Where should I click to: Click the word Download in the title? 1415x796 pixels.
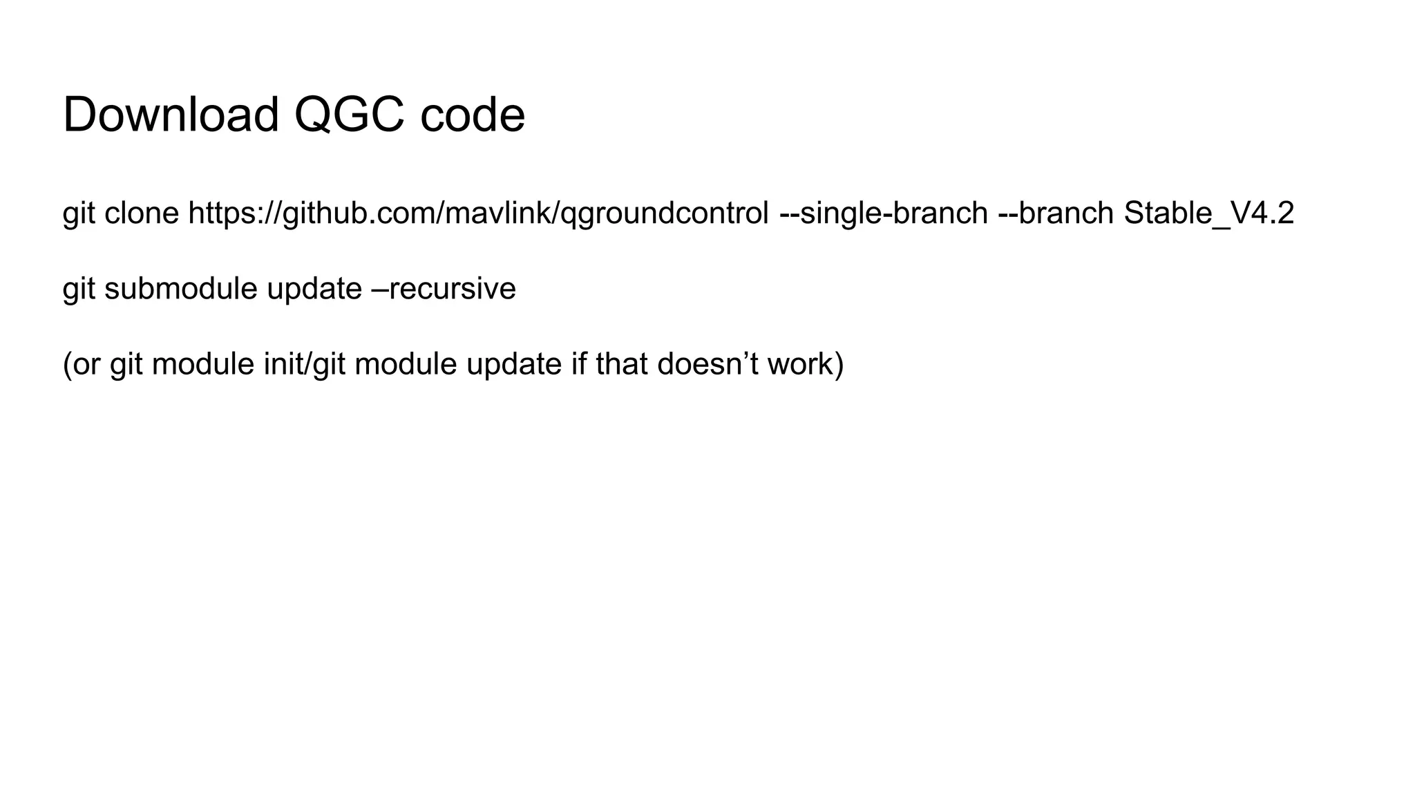pyautogui.click(x=171, y=115)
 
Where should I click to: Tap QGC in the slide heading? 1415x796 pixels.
pyautogui.click(x=349, y=115)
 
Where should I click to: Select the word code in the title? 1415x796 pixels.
pyautogui.click(x=473, y=115)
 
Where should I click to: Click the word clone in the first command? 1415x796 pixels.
pyautogui.click(x=142, y=214)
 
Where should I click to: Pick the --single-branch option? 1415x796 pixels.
pyautogui.click(x=883, y=214)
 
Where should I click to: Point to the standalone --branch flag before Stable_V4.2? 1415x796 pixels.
pyautogui.click(x=1056, y=214)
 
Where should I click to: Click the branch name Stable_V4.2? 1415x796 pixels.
pyautogui.click(x=1208, y=214)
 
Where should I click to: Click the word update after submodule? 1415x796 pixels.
pyautogui.click(x=314, y=289)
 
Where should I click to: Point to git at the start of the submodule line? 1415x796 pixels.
pyautogui.click(x=78, y=289)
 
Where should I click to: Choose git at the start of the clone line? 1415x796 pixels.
pyautogui.click(x=78, y=214)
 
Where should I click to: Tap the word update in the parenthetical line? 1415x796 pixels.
pyautogui.click(x=514, y=364)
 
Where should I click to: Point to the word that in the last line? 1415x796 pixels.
pyautogui.click(x=622, y=364)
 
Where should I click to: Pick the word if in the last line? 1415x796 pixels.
pyautogui.click(x=578, y=364)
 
